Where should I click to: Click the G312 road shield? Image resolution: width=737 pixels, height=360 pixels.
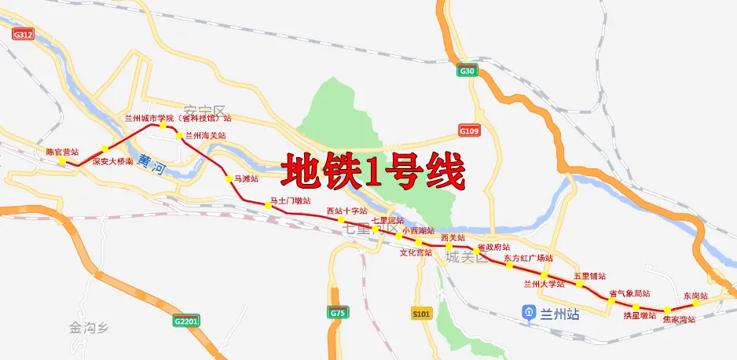tap(24, 35)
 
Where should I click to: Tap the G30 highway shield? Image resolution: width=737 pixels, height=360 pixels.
tap(467, 72)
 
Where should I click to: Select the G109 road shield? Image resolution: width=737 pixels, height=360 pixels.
tap(469, 130)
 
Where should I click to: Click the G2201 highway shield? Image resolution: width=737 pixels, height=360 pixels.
tap(188, 321)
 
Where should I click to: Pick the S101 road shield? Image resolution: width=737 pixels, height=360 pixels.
tap(422, 314)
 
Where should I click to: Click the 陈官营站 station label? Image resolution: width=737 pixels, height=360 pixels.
tap(62, 152)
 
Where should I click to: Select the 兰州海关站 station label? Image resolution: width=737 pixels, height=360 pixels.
tap(205, 136)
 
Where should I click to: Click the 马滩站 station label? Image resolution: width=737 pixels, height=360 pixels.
tap(247, 179)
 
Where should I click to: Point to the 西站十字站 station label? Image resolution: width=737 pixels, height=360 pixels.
tap(346, 211)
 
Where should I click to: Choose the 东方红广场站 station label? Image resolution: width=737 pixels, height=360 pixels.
tap(528, 258)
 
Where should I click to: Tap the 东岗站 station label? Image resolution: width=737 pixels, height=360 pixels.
tap(695, 296)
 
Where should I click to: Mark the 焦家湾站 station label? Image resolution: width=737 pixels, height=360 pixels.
tap(678, 320)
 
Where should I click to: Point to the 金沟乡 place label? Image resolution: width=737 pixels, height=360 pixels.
tap(86, 325)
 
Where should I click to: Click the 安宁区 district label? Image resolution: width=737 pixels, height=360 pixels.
tap(204, 111)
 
